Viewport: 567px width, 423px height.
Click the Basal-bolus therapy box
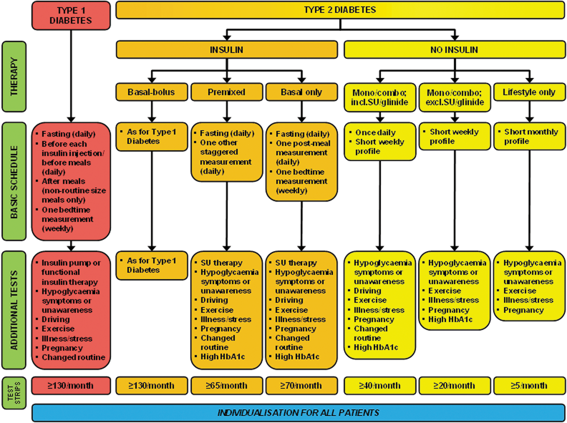tap(152, 92)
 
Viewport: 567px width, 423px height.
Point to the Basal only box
tap(302, 92)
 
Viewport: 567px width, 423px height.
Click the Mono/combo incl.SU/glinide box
tap(380, 97)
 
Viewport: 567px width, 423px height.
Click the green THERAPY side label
tap(14, 77)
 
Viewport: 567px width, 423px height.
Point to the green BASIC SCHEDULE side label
tap(14, 181)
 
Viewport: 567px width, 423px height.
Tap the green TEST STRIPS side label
tap(14, 393)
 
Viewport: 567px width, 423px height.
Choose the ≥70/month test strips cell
tap(302, 385)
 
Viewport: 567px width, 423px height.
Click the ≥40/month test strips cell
tap(380, 385)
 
